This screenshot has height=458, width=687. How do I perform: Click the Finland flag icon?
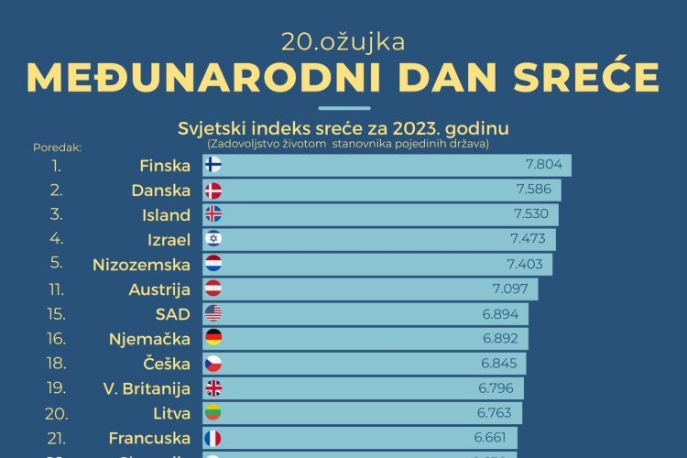(x=213, y=166)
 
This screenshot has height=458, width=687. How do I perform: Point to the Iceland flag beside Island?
(x=213, y=215)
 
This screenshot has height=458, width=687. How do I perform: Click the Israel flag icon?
(x=213, y=240)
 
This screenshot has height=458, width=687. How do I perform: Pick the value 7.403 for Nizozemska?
(x=525, y=265)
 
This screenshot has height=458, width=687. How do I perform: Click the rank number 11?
(x=57, y=289)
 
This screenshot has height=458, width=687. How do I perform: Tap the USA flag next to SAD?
(x=213, y=314)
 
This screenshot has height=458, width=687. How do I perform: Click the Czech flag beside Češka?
(x=213, y=364)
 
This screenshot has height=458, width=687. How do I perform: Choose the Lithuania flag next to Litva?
(x=213, y=413)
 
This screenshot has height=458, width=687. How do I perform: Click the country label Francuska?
(x=149, y=438)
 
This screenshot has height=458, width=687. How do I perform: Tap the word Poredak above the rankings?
(x=57, y=146)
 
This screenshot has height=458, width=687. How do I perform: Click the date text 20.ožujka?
(x=343, y=41)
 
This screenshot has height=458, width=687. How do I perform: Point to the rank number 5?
(x=57, y=265)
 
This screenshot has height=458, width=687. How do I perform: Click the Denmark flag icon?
(x=213, y=191)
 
